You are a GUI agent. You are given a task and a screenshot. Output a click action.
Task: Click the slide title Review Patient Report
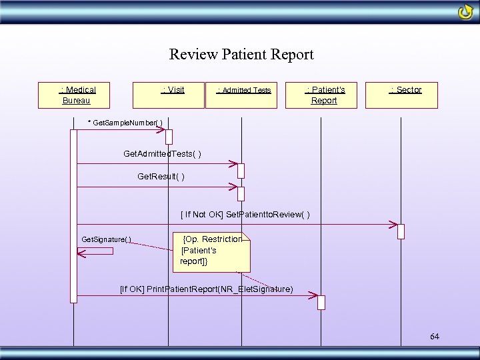coord(241,55)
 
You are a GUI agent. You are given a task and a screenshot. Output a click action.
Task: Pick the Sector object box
coord(405,95)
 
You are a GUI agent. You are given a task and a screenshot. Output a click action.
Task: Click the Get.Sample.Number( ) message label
coord(125,123)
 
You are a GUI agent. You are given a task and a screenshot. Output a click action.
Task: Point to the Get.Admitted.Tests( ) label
coord(162,154)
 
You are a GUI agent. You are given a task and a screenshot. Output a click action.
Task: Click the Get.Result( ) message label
coord(161,177)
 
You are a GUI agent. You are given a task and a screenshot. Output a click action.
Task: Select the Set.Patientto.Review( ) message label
coord(245,215)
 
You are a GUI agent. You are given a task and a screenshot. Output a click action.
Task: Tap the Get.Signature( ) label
coord(106,239)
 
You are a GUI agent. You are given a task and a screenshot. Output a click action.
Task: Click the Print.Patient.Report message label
coord(206,289)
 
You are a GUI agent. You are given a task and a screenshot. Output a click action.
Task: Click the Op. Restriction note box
coord(212,250)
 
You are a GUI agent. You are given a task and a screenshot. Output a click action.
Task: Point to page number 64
coord(435,337)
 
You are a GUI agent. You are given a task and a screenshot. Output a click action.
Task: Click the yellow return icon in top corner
coord(465,12)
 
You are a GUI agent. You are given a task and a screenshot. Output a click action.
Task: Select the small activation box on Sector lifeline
coord(401,231)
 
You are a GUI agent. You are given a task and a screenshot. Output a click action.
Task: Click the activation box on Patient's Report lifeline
coord(321,302)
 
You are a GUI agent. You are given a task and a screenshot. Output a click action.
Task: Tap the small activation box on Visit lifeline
coord(169,137)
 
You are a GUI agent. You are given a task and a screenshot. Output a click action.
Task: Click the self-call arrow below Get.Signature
coord(95,251)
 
